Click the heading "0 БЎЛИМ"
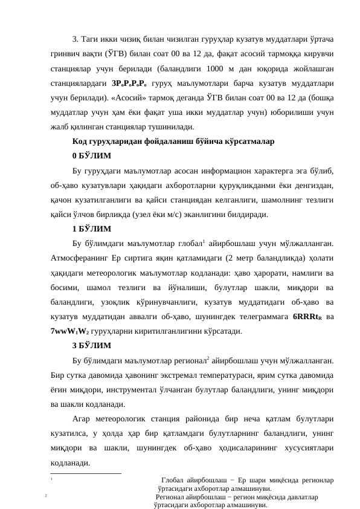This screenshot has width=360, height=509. click(91, 156)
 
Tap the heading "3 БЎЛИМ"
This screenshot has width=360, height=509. click(91, 346)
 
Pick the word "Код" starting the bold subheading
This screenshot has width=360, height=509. click(80, 141)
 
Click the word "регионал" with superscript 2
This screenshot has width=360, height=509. click(187, 361)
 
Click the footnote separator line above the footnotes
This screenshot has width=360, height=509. click(86, 473)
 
